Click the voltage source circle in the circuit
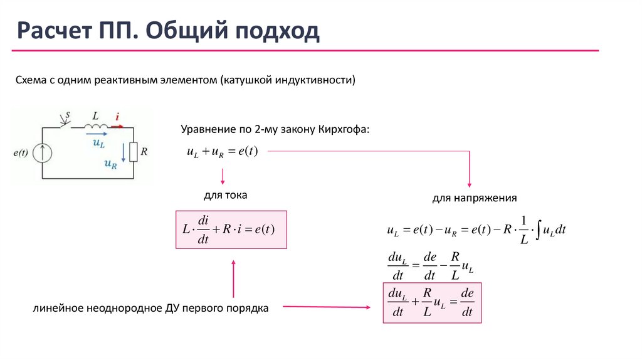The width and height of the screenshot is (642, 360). tap(43, 153)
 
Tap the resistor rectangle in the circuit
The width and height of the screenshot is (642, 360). tap(133, 152)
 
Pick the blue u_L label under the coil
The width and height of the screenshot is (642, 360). tap(98, 143)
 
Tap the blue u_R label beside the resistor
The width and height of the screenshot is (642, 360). tap(111, 164)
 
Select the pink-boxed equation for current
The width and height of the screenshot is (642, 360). tap(231, 230)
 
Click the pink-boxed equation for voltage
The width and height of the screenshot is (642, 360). tap(432, 303)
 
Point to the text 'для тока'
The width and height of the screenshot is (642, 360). tap(226, 196)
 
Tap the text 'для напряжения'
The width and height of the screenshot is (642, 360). tap(474, 198)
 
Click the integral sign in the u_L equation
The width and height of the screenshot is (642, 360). tap(538, 230)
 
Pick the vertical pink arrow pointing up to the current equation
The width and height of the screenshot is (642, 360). tap(233, 278)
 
